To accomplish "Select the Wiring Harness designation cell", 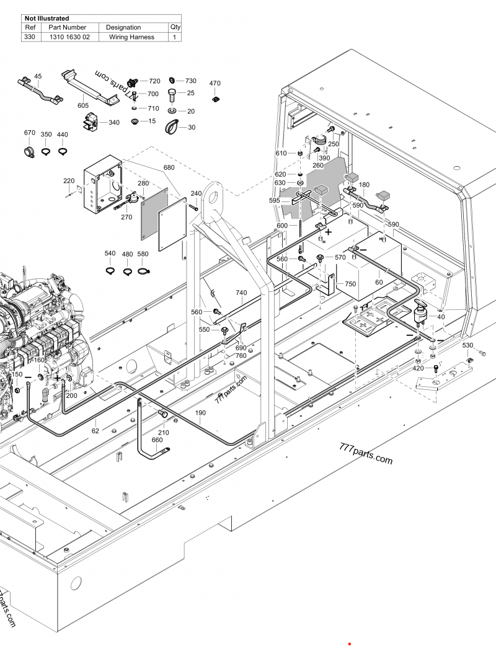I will pos(131,37).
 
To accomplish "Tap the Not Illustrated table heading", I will pos(46,19).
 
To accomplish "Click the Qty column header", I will pos(175,27).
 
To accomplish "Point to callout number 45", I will pos(38,76).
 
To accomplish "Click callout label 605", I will pos(83,106).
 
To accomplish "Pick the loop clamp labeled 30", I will pos(172,128).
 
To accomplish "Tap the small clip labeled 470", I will pos(215,99).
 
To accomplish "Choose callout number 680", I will pos(169,168).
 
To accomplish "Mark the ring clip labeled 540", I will pos(110,270).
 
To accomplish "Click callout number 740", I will pos(241,293).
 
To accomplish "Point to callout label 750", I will pos(350,283).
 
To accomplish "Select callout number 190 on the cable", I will pos(200,412).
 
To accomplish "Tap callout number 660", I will pos(157,440).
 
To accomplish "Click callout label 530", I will pos(467,345).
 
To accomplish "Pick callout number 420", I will pos(418,368).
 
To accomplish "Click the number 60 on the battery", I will pos(379,282).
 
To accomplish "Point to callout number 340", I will pos(114,123).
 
